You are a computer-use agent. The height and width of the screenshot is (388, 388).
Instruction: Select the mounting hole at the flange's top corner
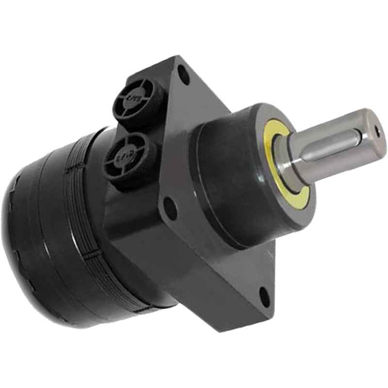(183, 76)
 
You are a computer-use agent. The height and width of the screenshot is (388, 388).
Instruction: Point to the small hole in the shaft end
(377, 129)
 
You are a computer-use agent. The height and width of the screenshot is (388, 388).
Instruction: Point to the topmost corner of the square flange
(178, 57)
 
